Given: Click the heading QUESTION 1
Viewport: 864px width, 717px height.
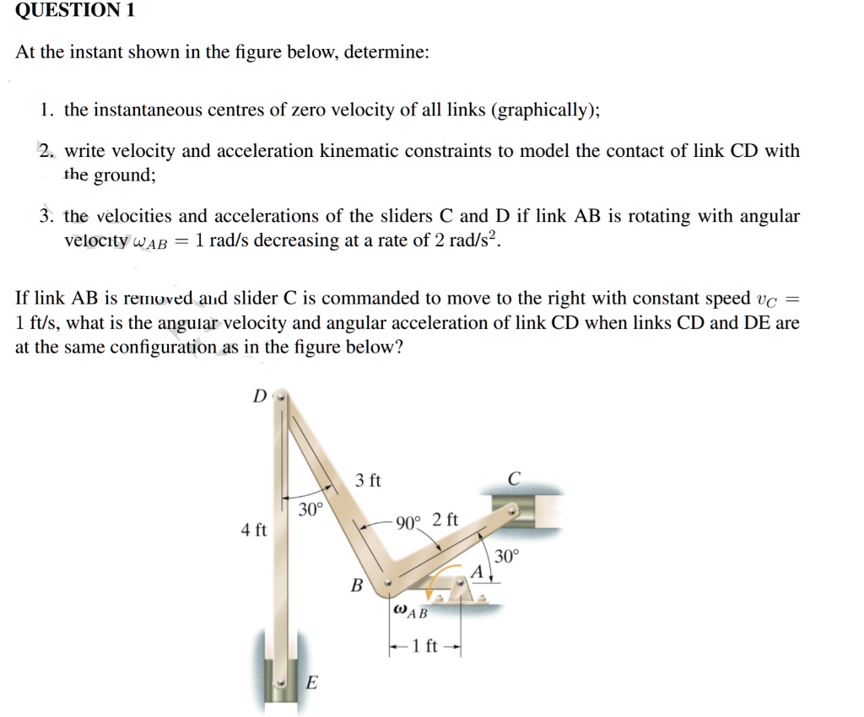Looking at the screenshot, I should [75, 11].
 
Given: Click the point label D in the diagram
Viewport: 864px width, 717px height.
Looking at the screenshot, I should [259, 396].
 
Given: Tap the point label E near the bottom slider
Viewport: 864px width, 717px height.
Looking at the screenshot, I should [310, 684].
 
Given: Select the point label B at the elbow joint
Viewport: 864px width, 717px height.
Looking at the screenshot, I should [356, 585].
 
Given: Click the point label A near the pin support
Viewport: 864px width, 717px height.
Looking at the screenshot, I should [476, 572].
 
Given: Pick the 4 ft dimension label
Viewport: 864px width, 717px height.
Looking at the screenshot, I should [253, 531].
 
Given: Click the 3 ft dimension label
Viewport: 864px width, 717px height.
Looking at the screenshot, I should [368, 481].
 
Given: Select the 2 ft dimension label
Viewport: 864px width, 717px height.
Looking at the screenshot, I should [445, 520].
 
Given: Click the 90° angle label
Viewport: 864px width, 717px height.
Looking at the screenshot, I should [408, 522].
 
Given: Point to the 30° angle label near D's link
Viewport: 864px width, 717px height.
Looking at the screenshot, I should [310, 509].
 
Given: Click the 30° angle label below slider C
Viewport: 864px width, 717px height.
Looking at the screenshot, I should [508, 556].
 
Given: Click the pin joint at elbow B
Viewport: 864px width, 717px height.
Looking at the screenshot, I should [388, 582].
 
